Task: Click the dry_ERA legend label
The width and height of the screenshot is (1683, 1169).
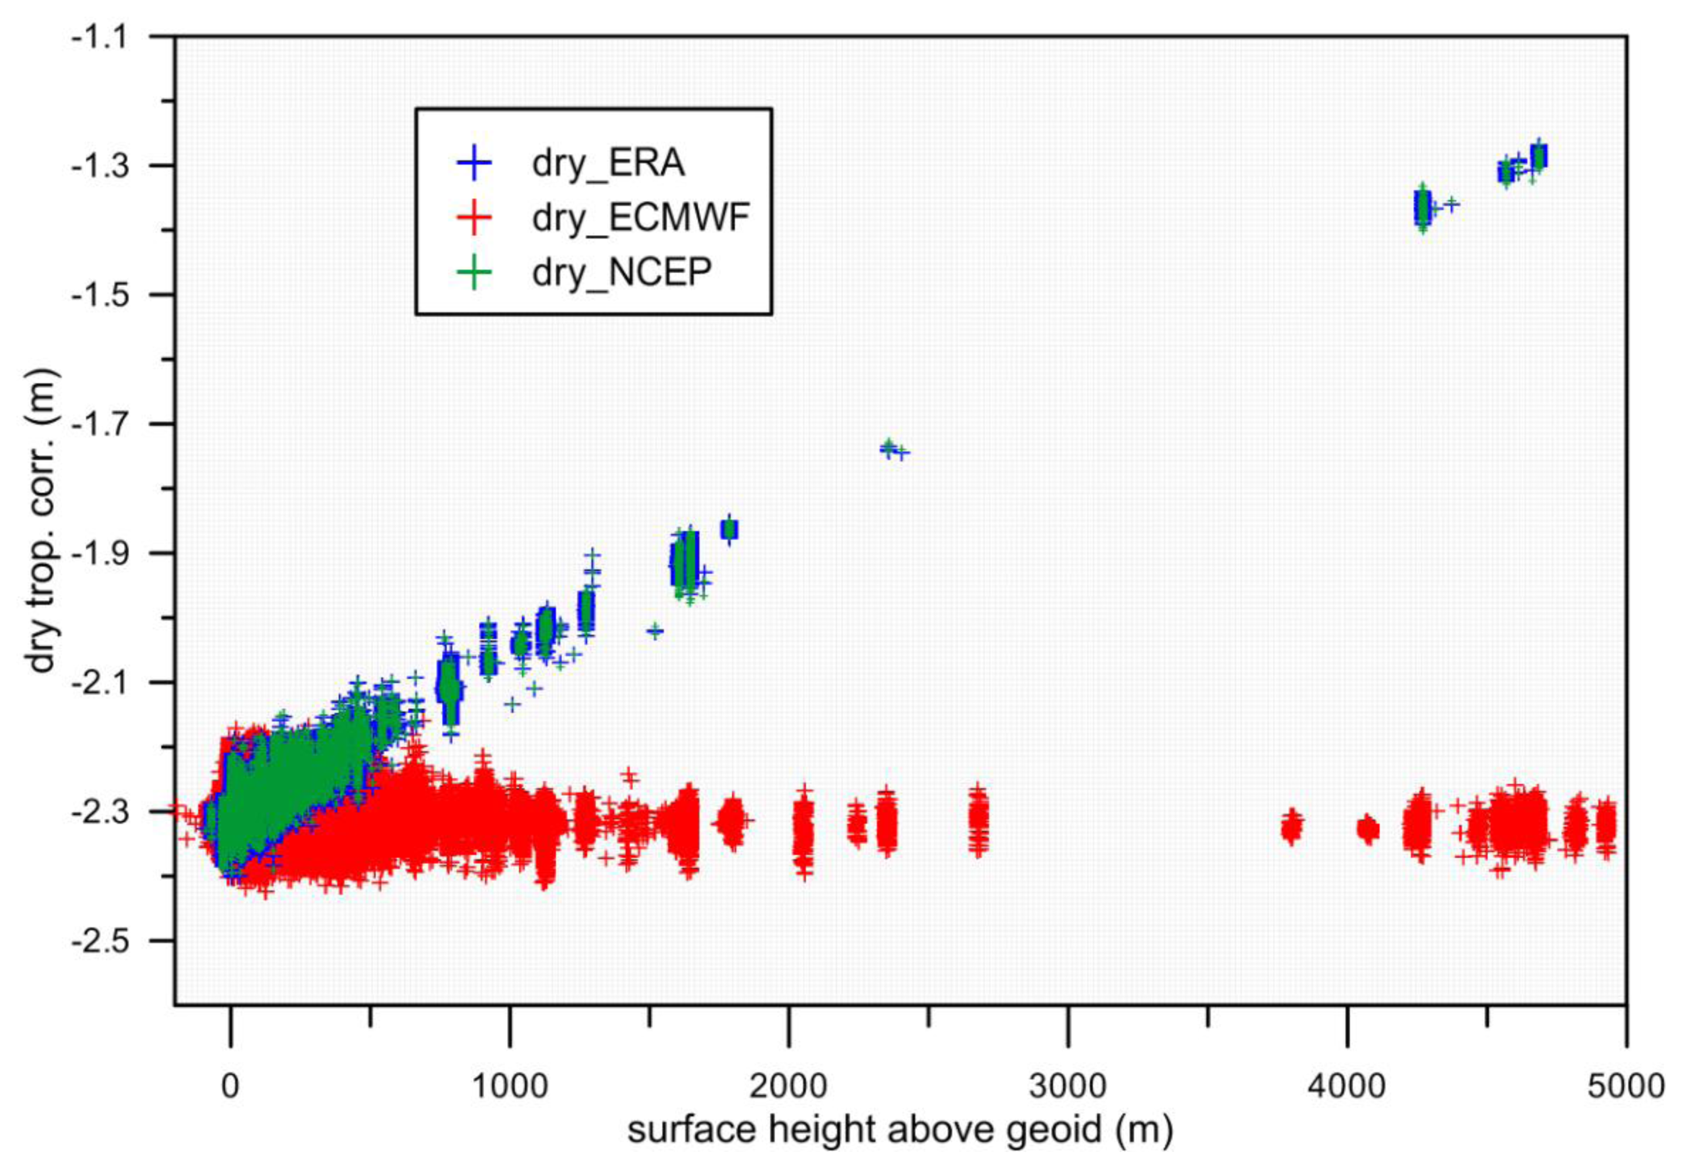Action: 607,163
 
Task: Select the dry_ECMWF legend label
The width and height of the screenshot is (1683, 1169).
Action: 640,217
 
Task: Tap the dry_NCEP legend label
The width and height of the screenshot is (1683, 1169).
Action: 622,272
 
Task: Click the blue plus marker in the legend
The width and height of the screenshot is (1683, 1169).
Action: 474,163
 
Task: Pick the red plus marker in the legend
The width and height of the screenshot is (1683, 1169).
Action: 474,217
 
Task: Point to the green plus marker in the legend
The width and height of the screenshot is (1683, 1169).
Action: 474,272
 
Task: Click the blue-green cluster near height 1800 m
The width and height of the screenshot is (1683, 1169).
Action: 729,529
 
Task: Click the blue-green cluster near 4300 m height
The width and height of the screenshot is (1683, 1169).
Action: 1422,209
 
